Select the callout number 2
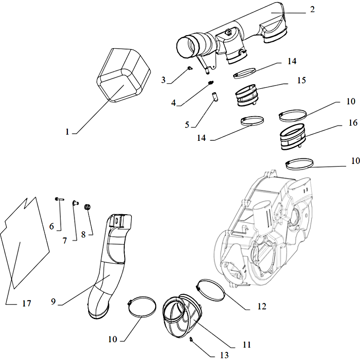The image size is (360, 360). [312, 10]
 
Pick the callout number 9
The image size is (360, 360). [54, 301]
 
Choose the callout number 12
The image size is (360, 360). [262, 306]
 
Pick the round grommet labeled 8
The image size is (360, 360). [88, 206]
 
